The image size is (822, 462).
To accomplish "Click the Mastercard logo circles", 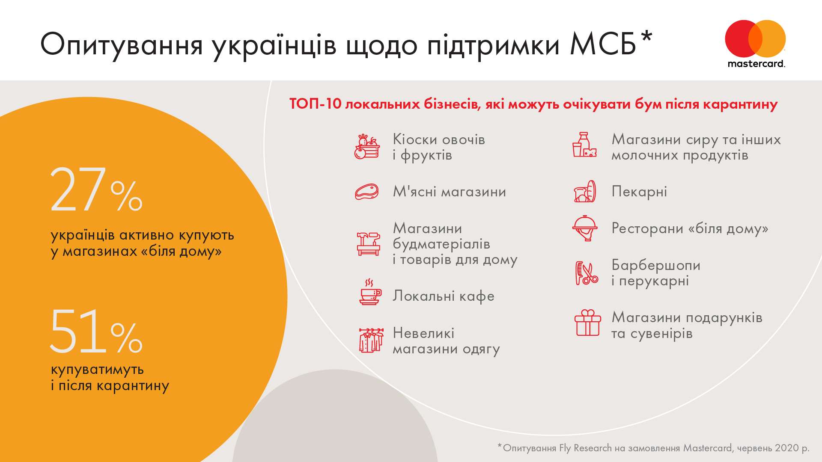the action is tap(755, 38).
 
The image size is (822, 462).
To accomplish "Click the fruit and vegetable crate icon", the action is tap(367, 147).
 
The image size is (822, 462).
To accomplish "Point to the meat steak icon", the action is tap(367, 192).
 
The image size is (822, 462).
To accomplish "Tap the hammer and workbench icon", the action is tap(369, 244).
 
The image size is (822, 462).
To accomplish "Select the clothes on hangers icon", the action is tap(371, 341).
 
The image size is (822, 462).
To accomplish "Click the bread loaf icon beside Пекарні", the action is tap(585, 191).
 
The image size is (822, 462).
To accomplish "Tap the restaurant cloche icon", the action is tap(585, 228).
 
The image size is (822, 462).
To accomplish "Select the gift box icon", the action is tap(588, 323).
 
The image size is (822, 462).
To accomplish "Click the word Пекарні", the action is tap(639, 192).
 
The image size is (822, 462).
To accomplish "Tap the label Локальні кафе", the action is tap(444, 296).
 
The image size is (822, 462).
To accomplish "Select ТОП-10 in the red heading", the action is tap(316, 104).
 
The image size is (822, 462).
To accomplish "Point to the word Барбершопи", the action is tap(656, 265).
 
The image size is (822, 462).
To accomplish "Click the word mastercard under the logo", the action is tap(756, 64).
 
